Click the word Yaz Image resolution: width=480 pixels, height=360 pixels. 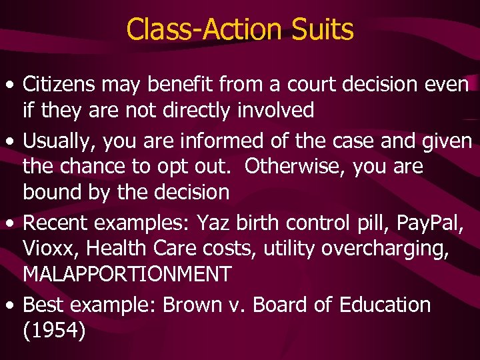click(x=211, y=221)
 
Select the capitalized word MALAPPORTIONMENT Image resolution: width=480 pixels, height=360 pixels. click(x=127, y=273)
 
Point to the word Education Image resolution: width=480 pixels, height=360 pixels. click(x=385, y=305)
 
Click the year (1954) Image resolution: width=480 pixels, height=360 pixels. click(x=54, y=331)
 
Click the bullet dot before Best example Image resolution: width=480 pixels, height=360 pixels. click(x=9, y=306)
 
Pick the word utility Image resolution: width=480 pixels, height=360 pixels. click(x=289, y=248)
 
